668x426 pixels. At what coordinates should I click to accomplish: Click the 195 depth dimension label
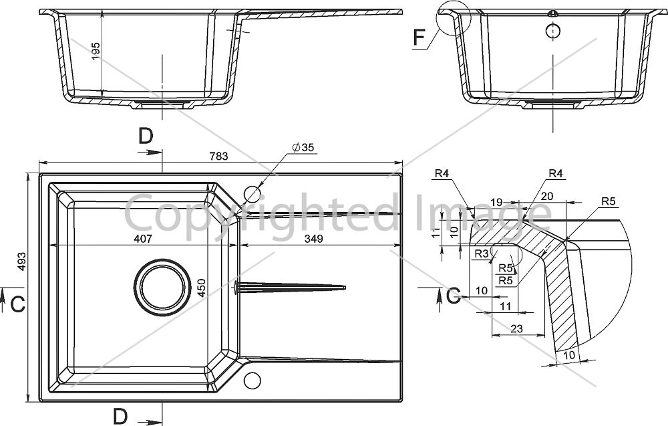coord(96,51)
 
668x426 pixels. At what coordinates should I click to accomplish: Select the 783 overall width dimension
coord(219,156)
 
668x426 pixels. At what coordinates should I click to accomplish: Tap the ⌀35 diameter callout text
coord(303,148)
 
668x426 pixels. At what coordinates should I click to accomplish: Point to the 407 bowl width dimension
coord(143,239)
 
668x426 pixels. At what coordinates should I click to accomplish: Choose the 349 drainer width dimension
coord(313,239)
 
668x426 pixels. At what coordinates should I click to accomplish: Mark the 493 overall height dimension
coord(22,261)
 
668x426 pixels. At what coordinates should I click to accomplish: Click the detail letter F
coord(420,37)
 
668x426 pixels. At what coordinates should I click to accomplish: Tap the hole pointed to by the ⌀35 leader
coord(251,195)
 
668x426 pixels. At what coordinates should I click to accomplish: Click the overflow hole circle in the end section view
coord(553,31)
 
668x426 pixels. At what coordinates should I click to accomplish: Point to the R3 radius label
coord(482,253)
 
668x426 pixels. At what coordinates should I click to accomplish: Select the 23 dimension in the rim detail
coord(516,328)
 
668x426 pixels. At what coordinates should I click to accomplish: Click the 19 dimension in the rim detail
coord(497,203)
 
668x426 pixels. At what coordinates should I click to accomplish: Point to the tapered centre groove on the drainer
coord(289,287)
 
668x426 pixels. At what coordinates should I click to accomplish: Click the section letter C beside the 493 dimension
coord(17,304)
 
